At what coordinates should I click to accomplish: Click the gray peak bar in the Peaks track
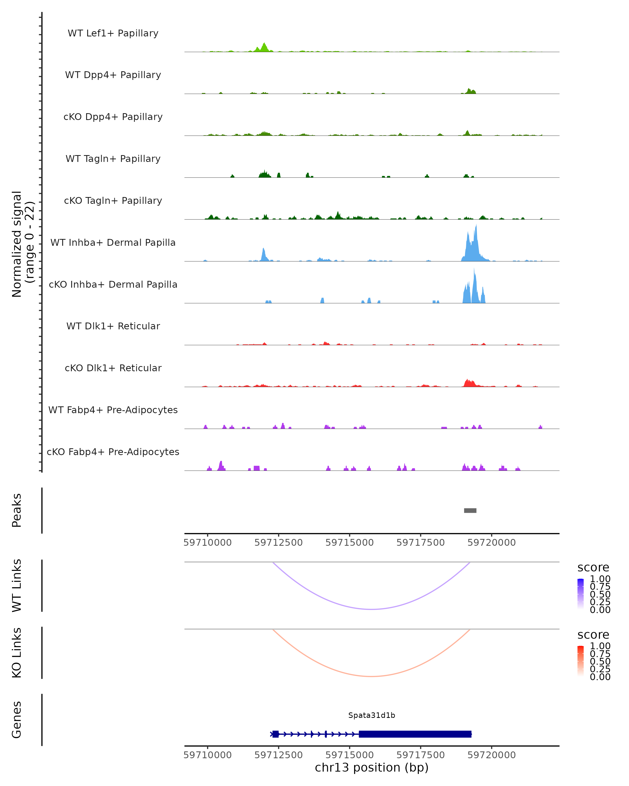click(x=470, y=510)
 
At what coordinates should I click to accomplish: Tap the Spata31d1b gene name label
click(x=372, y=715)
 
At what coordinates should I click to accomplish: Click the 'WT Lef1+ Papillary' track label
click(x=113, y=33)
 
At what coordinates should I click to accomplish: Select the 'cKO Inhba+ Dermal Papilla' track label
click(x=113, y=284)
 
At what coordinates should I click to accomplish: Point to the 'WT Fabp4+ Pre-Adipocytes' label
click(x=113, y=410)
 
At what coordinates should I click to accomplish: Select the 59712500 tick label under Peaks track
click(x=279, y=543)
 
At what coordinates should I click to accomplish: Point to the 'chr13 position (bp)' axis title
click(x=372, y=767)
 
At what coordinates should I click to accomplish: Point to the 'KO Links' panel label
click(x=17, y=653)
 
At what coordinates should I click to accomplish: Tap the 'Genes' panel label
click(x=17, y=720)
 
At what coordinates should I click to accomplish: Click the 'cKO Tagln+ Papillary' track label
click(x=113, y=200)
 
